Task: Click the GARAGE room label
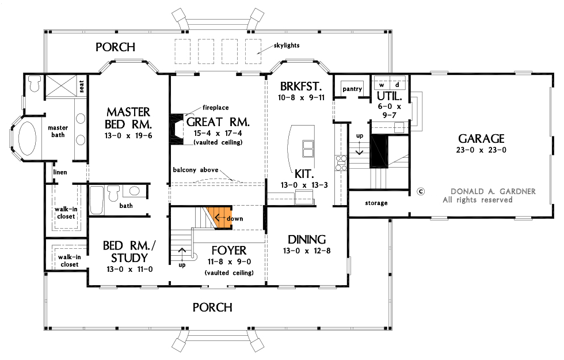481,139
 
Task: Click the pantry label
352,89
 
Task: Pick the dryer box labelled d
397,84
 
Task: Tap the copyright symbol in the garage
420,191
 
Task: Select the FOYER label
228,251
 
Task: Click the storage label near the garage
376,203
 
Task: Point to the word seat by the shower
82,86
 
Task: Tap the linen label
60,172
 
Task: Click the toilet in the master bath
34,84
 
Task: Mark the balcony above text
195,170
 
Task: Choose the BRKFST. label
299,86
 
